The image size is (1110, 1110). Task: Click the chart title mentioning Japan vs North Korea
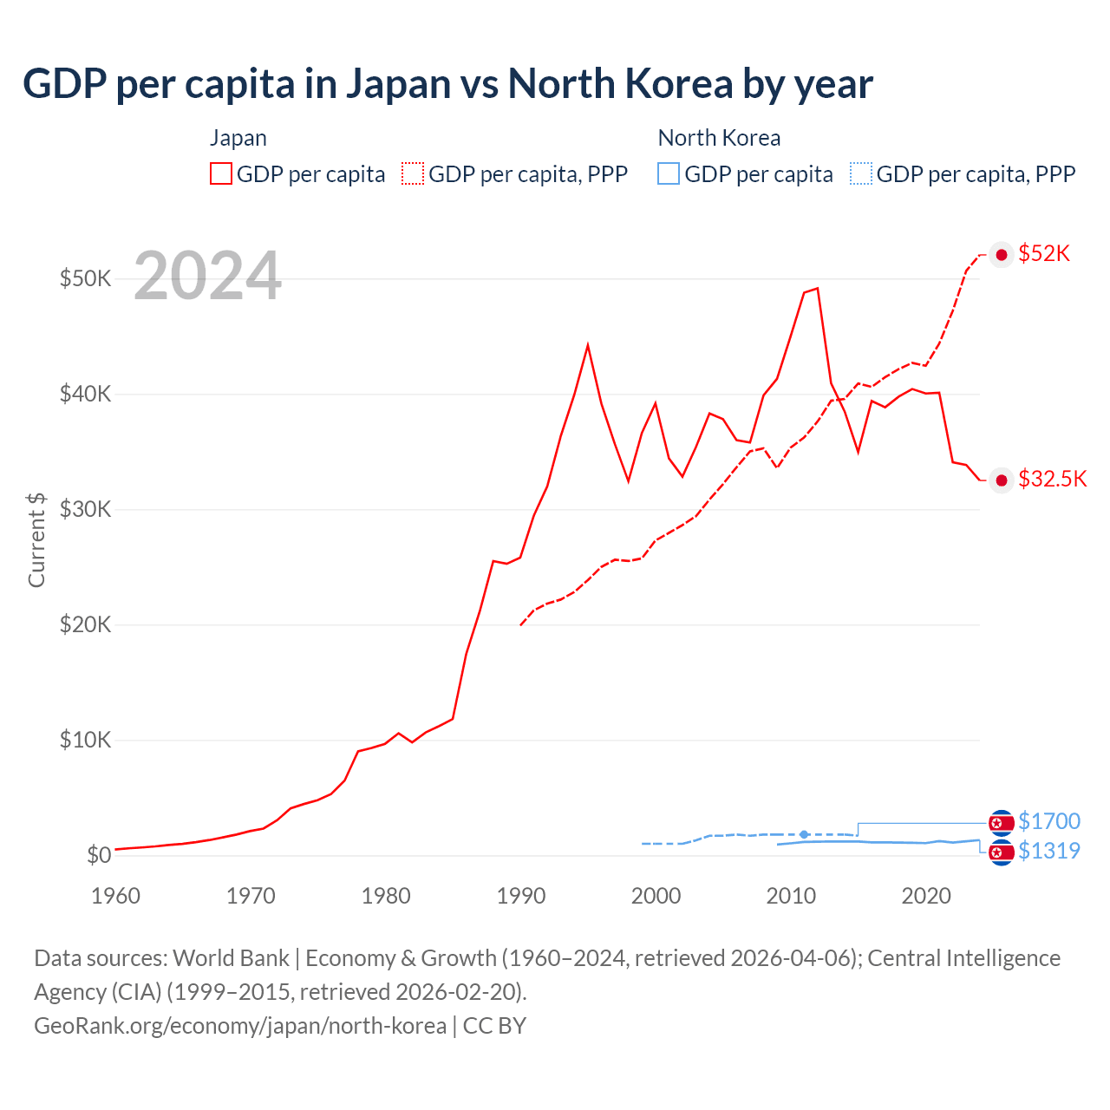447,84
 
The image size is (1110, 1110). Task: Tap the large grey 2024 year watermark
207,276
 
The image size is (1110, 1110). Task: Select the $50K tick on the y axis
85,278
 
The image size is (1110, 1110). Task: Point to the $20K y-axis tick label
85,624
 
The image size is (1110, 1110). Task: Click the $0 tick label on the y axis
98,855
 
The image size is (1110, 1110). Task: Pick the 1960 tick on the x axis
115,896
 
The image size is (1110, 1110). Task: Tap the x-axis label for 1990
521,896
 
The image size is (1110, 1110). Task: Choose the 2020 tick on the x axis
926,896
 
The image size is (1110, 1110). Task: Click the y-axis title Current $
36,539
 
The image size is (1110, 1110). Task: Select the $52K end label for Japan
1044,253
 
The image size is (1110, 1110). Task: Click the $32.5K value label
1052,480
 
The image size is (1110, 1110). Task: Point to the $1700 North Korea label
1049,821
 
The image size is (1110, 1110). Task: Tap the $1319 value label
1049,851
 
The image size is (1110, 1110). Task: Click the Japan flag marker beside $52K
1002,254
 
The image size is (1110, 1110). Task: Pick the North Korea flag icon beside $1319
1002,852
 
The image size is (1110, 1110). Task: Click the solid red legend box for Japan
221,173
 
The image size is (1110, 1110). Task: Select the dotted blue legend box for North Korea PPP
861,173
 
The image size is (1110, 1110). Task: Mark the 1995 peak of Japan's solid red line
588,345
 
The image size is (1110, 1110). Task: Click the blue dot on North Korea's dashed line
804,834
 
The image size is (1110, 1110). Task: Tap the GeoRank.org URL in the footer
240,1026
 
